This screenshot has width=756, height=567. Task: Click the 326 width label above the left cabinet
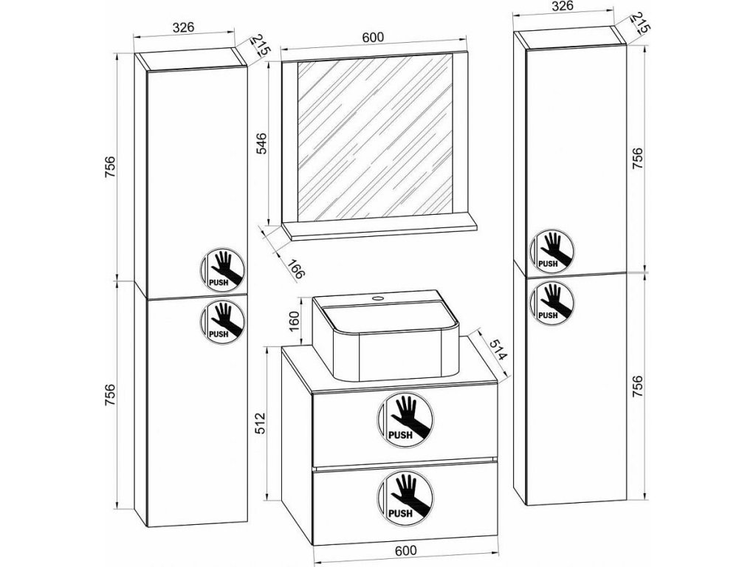coord(183,27)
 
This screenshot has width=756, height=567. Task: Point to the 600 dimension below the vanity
coord(405,549)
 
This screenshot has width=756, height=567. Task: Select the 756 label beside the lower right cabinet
coord(637,388)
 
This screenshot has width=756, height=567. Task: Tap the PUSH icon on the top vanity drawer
coord(404,420)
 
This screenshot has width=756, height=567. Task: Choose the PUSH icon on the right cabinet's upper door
coord(549,250)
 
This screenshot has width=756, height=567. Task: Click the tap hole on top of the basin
coord(379,299)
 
